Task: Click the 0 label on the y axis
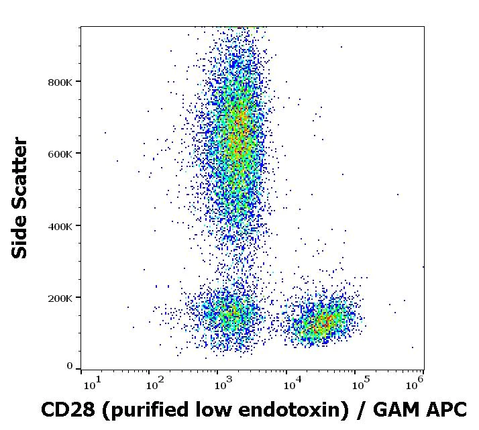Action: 70,366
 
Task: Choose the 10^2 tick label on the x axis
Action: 156,384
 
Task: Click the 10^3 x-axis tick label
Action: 223,384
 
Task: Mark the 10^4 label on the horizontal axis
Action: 292,384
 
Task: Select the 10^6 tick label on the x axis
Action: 415,384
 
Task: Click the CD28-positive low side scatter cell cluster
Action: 324,321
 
